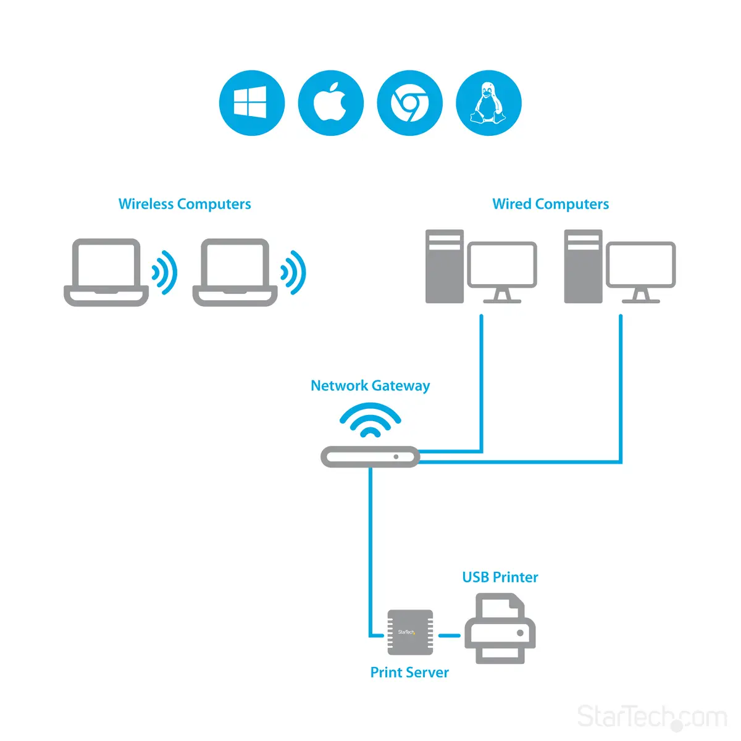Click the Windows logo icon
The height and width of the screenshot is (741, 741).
click(252, 103)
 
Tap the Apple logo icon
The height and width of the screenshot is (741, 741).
click(330, 103)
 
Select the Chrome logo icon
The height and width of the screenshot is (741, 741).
click(409, 103)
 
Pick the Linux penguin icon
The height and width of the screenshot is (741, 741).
click(488, 103)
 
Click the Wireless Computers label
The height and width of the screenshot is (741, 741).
click(185, 204)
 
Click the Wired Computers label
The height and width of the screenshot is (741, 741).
click(550, 204)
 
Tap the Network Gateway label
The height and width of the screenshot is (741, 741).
click(370, 386)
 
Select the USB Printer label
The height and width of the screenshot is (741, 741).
click(500, 577)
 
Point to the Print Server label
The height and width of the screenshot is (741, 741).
click(409, 672)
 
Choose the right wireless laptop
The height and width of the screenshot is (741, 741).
click(235, 272)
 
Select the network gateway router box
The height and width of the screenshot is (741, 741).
click(371, 457)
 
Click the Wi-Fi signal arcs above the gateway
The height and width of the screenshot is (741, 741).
click(371, 420)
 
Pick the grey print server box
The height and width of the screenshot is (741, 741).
click(410, 632)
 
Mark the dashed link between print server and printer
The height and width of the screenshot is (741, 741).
click(449, 635)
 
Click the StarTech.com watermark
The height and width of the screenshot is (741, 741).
click(651, 717)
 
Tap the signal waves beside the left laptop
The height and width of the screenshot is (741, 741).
click(165, 272)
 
